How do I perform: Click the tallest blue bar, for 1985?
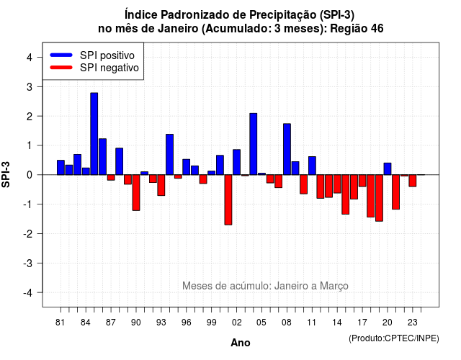pos(94,134)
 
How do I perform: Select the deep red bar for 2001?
pos(228,200)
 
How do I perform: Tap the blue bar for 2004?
pos(253,144)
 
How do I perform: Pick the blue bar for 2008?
pos(287,149)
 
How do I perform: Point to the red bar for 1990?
pos(136,193)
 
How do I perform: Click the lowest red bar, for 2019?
pos(379,198)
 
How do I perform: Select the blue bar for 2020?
pos(388,169)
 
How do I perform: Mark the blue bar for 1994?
pos(170,155)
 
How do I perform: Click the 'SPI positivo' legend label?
pos(107,55)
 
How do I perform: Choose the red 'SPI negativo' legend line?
pos(61,68)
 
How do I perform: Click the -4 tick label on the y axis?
pos(28,293)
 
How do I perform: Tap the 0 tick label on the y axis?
pos(30,175)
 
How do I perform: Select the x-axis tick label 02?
pos(237,323)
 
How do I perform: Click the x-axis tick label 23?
pos(413,323)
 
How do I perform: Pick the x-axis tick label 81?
pos(60,323)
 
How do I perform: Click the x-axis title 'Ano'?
pos(241,343)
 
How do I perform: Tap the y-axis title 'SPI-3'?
pos(6,174)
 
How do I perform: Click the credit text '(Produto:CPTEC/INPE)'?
pos(394,338)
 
